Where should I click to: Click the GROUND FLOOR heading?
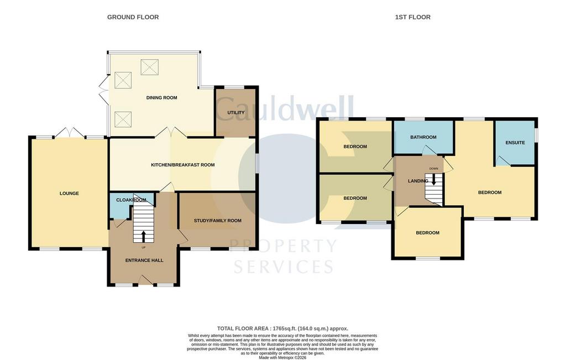(133, 17)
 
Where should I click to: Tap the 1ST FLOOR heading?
(412, 17)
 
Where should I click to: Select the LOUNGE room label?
(69, 194)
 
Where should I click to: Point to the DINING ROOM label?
(162, 97)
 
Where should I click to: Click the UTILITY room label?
(236, 113)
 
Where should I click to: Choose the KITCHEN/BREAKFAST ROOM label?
(182, 165)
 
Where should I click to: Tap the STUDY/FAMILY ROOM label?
(218, 221)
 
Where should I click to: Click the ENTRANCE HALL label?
(144, 260)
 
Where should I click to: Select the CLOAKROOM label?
(131, 200)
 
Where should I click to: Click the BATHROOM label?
(423, 137)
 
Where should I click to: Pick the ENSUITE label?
(515, 143)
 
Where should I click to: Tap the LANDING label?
(418, 181)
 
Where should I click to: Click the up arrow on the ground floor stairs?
(143, 237)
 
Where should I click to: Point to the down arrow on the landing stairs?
(434, 180)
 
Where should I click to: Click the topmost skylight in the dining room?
(150, 67)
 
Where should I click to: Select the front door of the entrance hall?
(146, 280)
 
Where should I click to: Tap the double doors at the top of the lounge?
(70, 132)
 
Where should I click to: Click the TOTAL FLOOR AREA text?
(282, 328)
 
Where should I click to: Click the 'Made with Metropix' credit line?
(282, 358)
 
